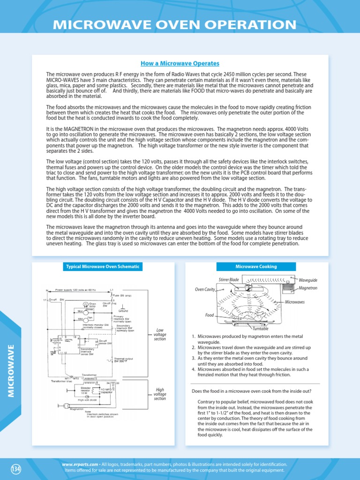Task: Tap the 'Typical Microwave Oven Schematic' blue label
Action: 102,266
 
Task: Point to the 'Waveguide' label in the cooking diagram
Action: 308,279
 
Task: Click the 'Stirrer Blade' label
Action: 229,279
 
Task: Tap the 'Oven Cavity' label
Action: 205,289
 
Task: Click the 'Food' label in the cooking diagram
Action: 209,315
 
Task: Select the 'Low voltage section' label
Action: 160,336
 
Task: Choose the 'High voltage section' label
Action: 160,394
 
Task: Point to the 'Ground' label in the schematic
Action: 124,311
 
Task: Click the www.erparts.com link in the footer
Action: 80,464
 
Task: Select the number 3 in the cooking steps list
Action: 194,358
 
